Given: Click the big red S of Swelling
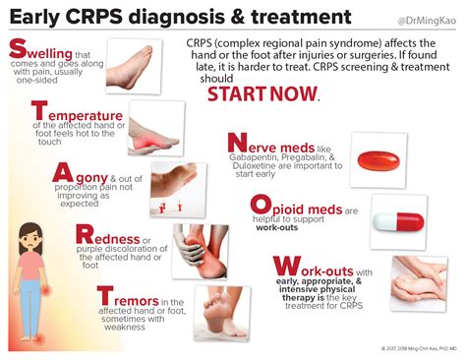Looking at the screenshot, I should point(17,51).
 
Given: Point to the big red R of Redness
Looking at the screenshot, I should point(87,236).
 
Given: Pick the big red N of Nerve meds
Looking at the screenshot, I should point(239,145).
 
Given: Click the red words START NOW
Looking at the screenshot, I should point(262,93).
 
